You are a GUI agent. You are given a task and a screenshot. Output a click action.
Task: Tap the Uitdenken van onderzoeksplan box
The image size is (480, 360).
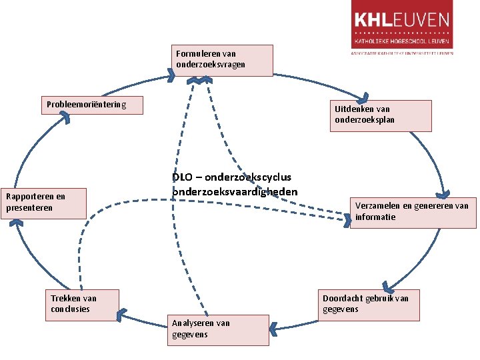(x=371, y=115)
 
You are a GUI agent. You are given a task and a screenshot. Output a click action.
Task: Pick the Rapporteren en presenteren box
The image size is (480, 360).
(x=43, y=203)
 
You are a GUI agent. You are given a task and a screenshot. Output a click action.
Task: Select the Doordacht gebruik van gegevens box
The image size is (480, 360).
(x=370, y=305)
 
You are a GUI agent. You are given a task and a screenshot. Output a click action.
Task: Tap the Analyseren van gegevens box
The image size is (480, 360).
(x=219, y=329)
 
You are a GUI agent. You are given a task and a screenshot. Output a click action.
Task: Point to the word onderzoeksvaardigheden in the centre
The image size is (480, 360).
(x=235, y=191)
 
